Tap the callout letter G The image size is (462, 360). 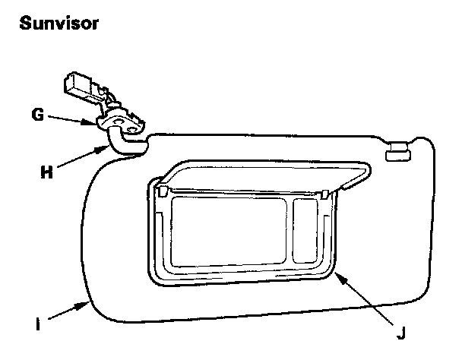[36, 116]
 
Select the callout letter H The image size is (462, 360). [45, 171]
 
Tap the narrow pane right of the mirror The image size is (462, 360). [306, 228]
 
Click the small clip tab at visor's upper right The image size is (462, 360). [400, 155]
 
